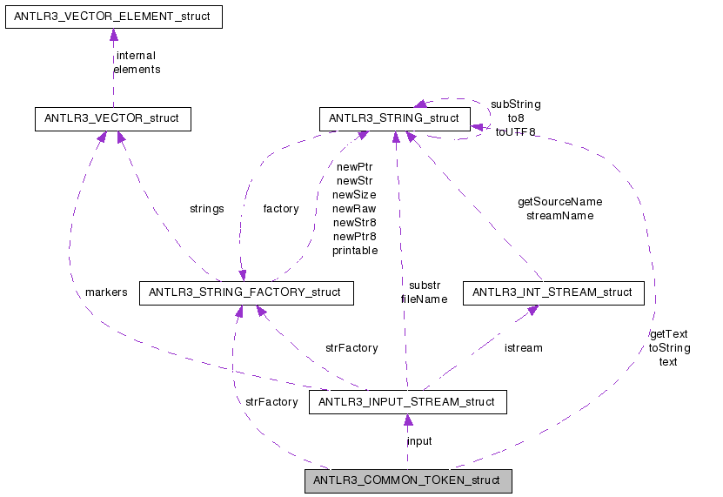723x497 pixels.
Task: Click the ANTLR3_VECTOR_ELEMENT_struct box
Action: pyautogui.click(x=114, y=17)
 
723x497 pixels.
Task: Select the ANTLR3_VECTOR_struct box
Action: pyautogui.click(x=111, y=118)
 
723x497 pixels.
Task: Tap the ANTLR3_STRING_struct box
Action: pyautogui.click(x=395, y=118)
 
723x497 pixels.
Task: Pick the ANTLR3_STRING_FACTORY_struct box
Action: pyautogui.click(x=246, y=293)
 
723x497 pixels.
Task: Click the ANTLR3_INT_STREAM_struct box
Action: pyautogui.click(x=553, y=293)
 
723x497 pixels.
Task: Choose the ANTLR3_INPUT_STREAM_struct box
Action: pyautogui.click(x=407, y=402)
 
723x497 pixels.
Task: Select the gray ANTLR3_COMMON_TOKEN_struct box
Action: pyautogui.click(x=407, y=480)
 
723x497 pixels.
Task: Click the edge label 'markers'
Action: pyautogui.click(x=106, y=292)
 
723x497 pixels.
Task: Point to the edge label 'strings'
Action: pyautogui.click(x=206, y=209)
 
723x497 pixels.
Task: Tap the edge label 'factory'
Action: pyautogui.click(x=280, y=209)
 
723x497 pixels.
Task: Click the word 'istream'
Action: pyautogui.click(x=523, y=347)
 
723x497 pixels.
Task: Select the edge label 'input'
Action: pyautogui.click(x=419, y=440)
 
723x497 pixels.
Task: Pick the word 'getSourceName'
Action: pyautogui.click(x=559, y=201)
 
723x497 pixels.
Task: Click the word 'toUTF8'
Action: pyautogui.click(x=515, y=132)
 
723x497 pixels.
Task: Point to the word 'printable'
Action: pyautogui.click(x=354, y=251)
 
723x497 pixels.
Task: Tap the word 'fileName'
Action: pyautogui.click(x=424, y=299)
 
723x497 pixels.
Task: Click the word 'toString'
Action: pyautogui.click(x=668, y=347)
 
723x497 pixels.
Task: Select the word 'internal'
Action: pyautogui.click(x=136, y=56)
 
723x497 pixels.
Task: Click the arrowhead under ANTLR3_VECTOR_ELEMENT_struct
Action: pyautogui.click(x=113, y=35)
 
